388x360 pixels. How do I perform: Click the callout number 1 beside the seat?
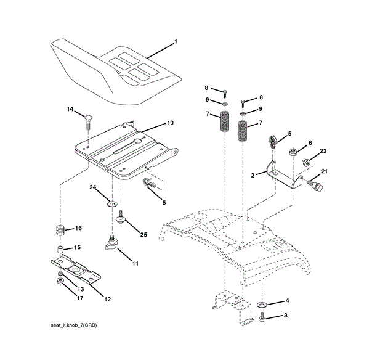(176, 42)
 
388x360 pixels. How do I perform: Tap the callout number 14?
(70, 109)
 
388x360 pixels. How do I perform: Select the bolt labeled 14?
(89, 121)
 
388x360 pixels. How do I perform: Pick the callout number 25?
(143, 234)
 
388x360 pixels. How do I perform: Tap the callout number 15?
(78, 247)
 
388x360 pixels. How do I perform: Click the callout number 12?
(107, 300)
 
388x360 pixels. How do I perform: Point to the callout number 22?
(323, 151)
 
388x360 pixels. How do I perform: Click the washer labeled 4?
(262, 305)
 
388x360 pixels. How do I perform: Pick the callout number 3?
(286, 316)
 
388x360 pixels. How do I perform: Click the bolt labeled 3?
(263, 317)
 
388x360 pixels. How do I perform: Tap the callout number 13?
(80, 288)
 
